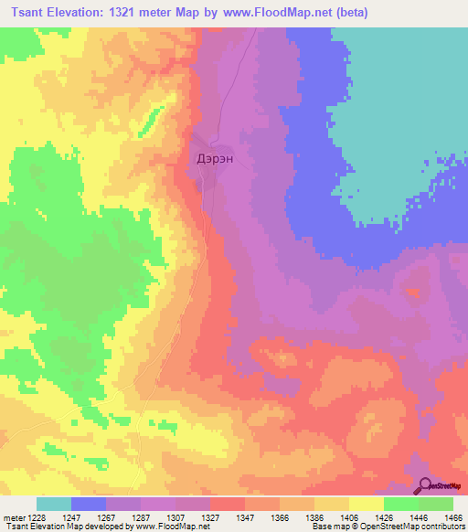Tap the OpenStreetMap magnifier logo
(x=424, y=487)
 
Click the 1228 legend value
(x=35, y=516)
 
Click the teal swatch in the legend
(x=54, y=504)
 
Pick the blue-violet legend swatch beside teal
(x=89, y=504)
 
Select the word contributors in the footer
(x=441, y=527)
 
